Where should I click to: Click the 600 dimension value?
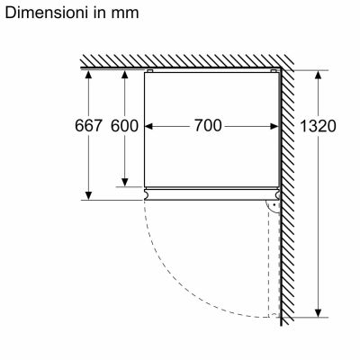124,126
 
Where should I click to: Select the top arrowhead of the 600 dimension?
124,75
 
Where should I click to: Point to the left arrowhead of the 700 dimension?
150,126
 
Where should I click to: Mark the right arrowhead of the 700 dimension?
271,126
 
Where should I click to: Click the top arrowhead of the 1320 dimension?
316,75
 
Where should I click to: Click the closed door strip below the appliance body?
209,192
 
